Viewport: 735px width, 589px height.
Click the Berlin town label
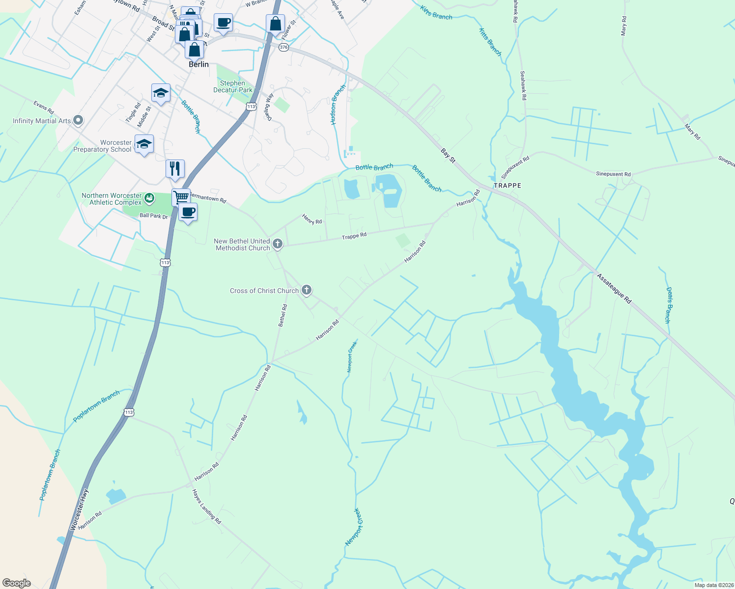tap(198, 64)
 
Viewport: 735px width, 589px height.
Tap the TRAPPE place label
tap(508, 186)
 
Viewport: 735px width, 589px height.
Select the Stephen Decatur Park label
tap(233, 86)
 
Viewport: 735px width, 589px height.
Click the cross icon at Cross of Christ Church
tap(307, 290)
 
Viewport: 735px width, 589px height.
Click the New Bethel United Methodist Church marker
tap(278, 244)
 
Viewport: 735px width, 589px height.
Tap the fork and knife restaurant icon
tap(175, 168)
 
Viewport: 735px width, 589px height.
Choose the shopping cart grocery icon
tap(181, 197)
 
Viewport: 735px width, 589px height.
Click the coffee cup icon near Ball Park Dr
tap(188, 212)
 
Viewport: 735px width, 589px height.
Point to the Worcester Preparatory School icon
tap(144, 144)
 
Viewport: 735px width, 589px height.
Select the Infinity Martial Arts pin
tap(78, 120)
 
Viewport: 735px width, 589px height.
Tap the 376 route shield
tap(283, 47)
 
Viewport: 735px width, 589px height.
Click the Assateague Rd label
tap(614, 288)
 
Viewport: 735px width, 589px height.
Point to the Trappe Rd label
tap(354, 236)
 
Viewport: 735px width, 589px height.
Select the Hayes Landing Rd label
tap(207, 507)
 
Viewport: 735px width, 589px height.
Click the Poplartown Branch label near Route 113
tap(96, 406)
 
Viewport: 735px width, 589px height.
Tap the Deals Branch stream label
tap(668, 305)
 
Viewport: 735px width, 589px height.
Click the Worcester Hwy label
tap(79, 509)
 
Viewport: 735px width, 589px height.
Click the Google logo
tap(17, 583)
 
